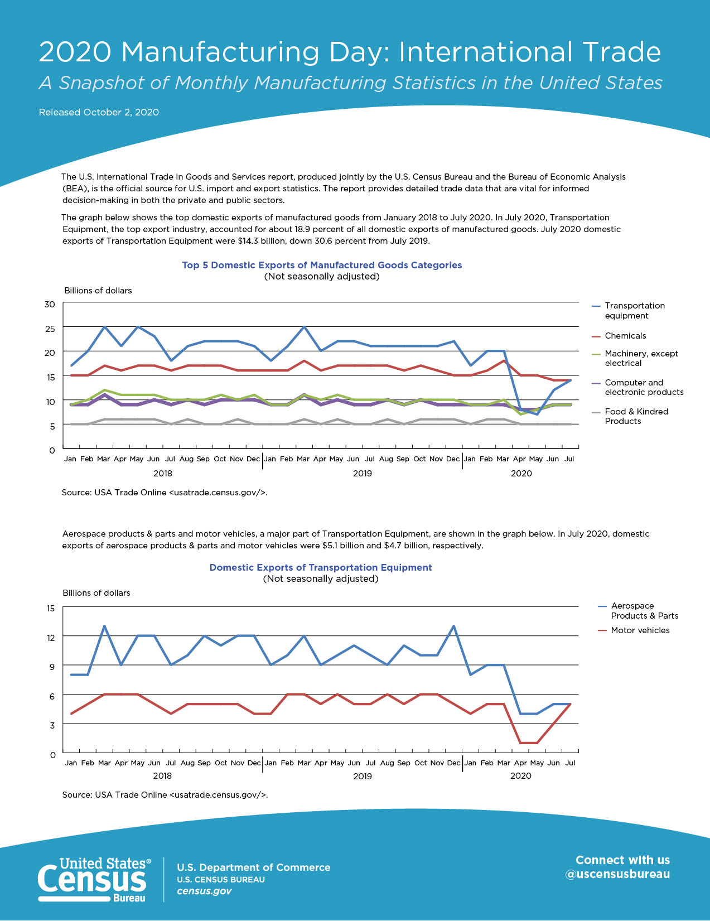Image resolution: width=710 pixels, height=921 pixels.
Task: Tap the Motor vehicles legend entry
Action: pyautogui.click(x=634, y=630)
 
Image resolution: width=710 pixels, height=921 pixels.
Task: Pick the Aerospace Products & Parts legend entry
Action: pyautogui.click(x=638, y=611)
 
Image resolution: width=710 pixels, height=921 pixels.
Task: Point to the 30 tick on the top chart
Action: pyautogui.click(x=50, y=305)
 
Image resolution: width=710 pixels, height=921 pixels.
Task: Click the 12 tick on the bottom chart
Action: pyautogui.click(x=51, y=638)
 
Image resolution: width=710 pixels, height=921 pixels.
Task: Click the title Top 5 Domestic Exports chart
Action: pyautogui.click(x=322, y=265)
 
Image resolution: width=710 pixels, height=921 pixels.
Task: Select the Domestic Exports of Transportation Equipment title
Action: pyautogui.click(x=321, y=567)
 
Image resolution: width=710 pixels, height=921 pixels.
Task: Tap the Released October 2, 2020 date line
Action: pyautogui.click(x=99, y=112)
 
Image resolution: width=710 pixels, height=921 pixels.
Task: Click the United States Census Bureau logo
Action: pyautogui.click(x=94, y=880)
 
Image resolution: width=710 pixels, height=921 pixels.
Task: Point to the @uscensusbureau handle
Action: pyautogui.click(x=617, y=874)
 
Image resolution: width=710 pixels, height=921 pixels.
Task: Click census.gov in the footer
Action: pyautogui.click(x=204, y=891)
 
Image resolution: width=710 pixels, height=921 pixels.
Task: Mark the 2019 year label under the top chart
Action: pyautogui.click(x=362, y=474)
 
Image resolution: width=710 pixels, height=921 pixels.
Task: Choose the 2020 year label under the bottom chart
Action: pyautogui.click(x=520, y=775)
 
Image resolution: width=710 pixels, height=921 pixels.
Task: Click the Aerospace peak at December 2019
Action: pyautogui.click(x=453, y=626)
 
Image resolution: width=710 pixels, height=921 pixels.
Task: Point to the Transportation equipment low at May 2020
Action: pyautogui.click(x=537, y=414)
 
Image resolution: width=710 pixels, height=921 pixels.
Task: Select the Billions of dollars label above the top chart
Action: pyautogui.click(x=98, y=290)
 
